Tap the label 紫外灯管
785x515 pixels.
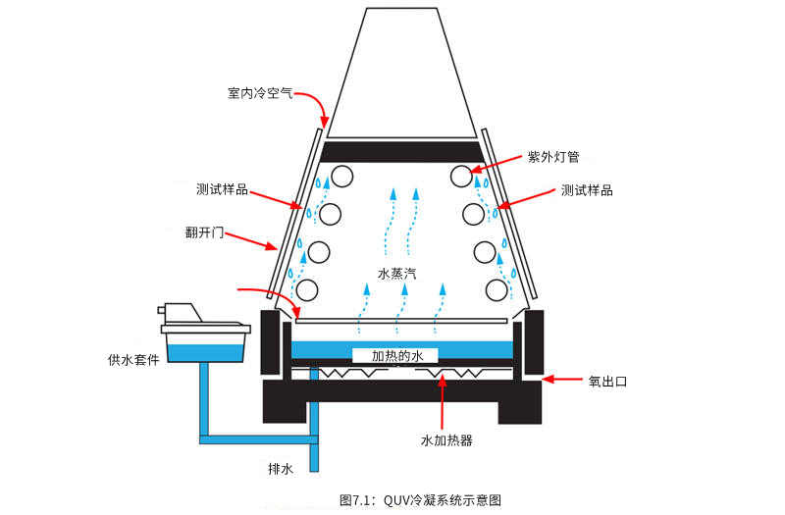pyautogui.click(x=552, y=157)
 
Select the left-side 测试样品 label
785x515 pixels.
pyautogui.click(x=222, y=189)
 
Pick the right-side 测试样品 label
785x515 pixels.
pyautogui.click(x=587, y=190)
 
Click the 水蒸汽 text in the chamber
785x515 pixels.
pyautogui.click(x=397, y=273)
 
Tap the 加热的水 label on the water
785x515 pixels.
pyautogui.click(x=396, y=355)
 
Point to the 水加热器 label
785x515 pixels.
pyautogui.click(x=446, y=440)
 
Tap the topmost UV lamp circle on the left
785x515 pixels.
pyautogui.click(x=341, y=177)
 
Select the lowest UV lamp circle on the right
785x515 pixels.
pyautogui.click(x=497, y=289)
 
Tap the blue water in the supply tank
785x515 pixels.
pyautogui.click(x=205, y=348)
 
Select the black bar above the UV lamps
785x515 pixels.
pyautogui.click(x=402, y=151)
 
